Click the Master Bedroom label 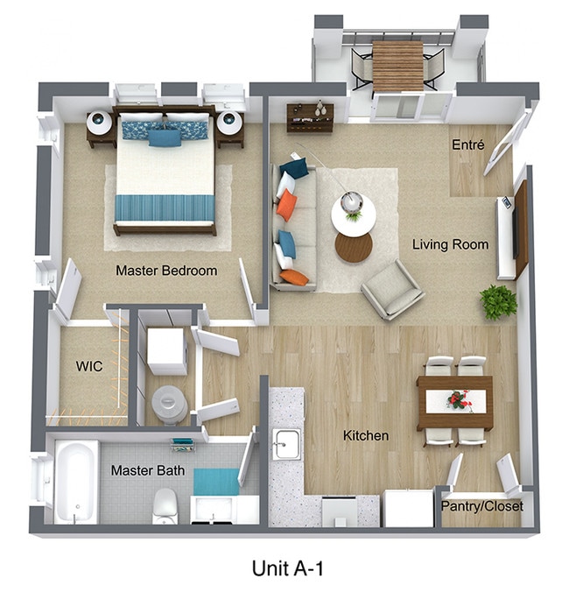[166, 271]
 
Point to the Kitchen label [366, 435]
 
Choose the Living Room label [450, 244]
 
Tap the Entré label [468, 144]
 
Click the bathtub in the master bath [76, 482]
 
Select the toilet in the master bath [166, 505]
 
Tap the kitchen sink [285, 445]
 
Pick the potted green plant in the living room [499, 302]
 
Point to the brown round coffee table [354, 248]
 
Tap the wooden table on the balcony [397, 67]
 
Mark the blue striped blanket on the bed [165, 208]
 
